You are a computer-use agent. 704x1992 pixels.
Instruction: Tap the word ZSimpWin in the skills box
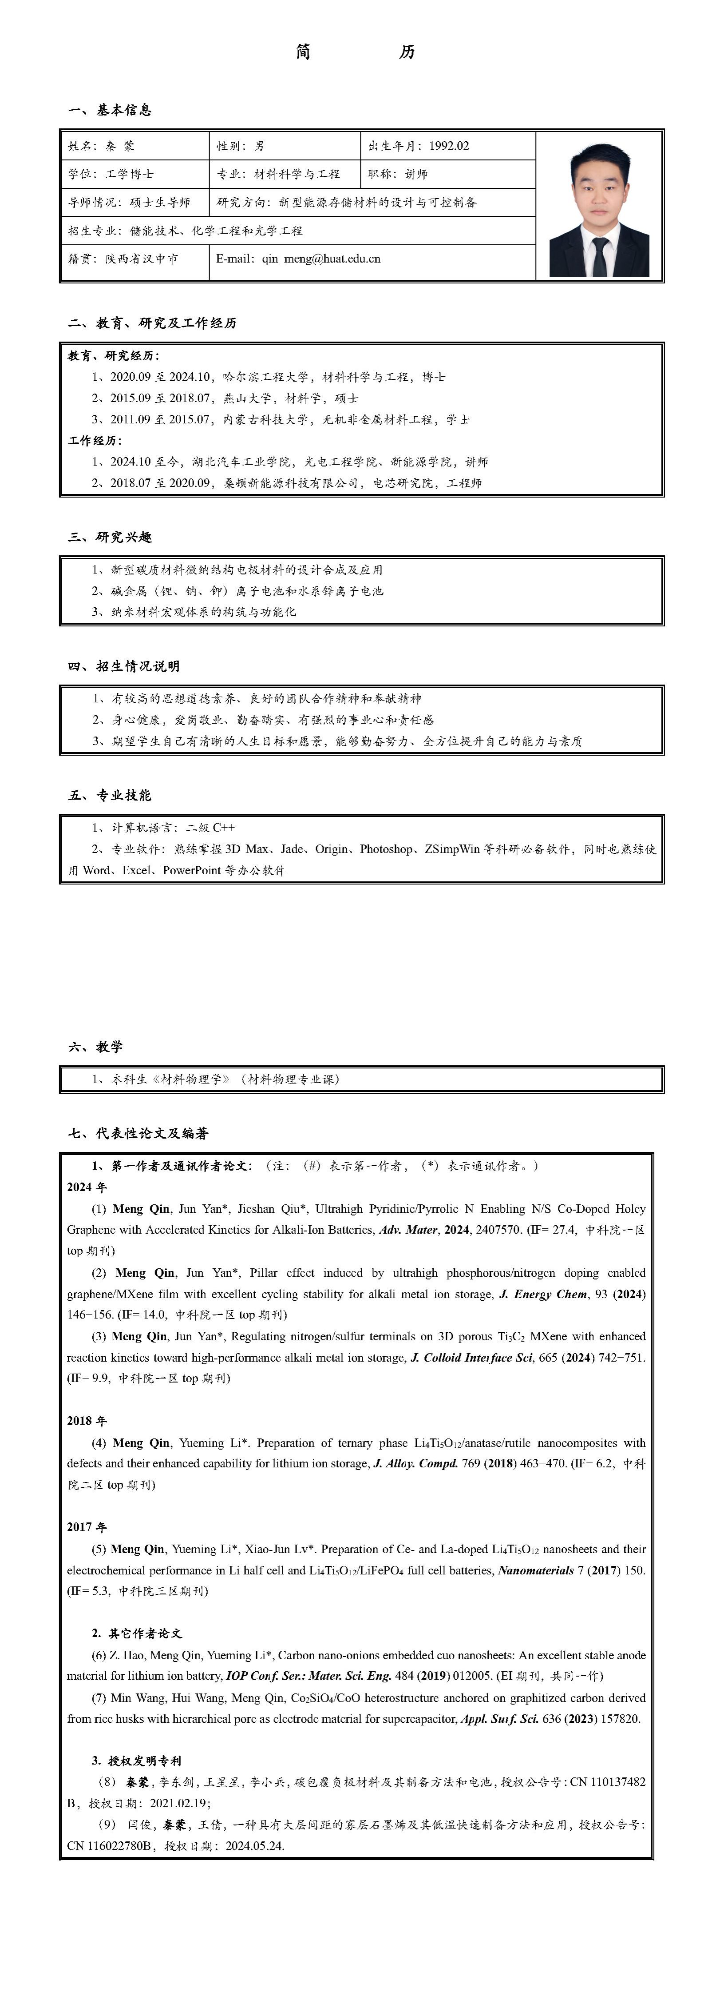coord(452,849)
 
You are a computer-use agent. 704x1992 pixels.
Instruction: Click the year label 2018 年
coord(87,1421)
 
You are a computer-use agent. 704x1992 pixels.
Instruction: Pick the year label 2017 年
coord(87,1527)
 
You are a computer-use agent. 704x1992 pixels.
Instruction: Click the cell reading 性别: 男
coord(241,145)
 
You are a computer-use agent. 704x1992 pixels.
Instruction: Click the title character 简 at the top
coord(303,52)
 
